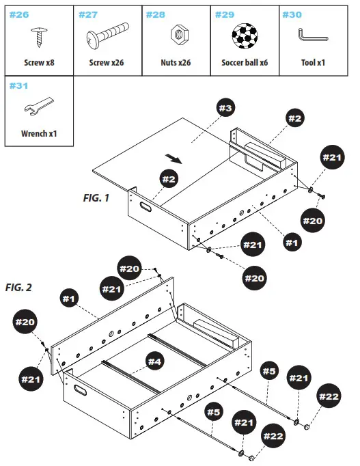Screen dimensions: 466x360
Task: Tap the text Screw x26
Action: tap(107, 62)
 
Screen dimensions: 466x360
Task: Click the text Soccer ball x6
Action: tap(245, 62)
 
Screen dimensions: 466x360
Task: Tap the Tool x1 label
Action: tap(313, 62)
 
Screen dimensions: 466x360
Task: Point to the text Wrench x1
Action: tap(39, 133)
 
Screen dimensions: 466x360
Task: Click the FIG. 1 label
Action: tap(96, 198)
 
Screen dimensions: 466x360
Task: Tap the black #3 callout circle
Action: tap(225, 108)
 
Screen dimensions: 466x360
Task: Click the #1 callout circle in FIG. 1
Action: tap(292, 241)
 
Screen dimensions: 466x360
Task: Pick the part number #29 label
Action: tap(225, 14)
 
